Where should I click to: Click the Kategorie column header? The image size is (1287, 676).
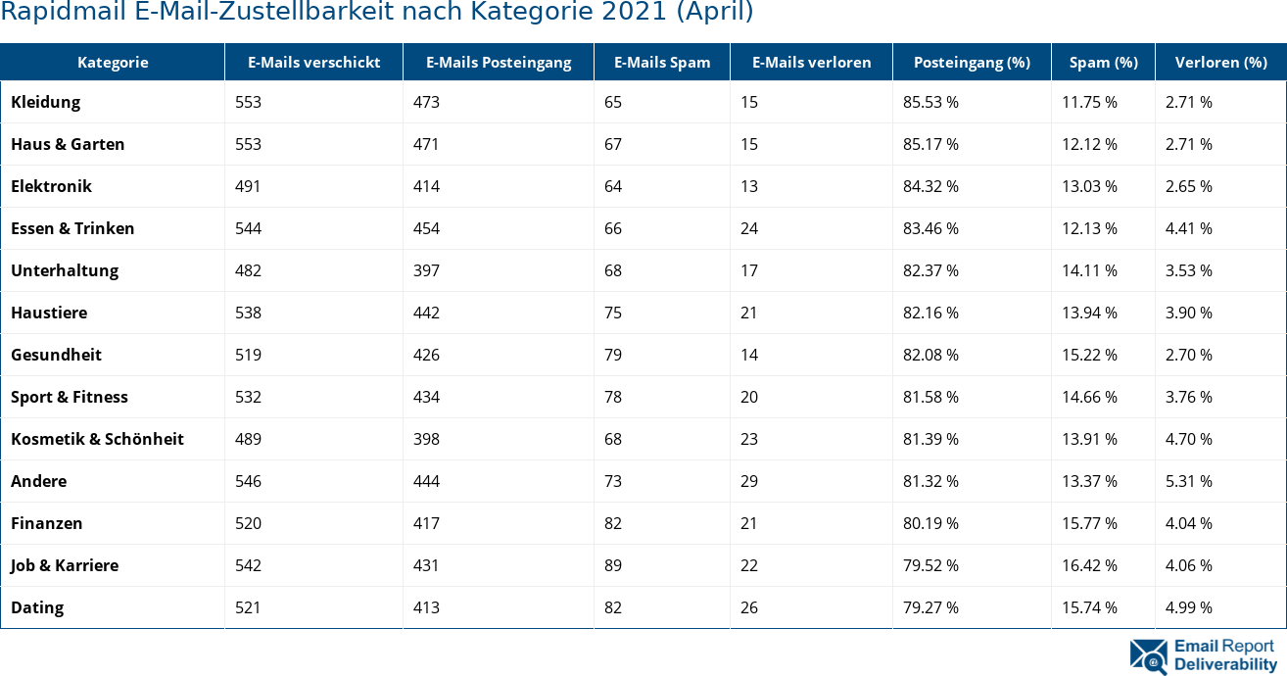pyautogui.click(x=113, y=63)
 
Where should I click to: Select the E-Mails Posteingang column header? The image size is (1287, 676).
pyautogui.click(x=499, y=63)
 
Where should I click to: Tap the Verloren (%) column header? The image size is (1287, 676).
pyautogui.click(x=1220, y=63)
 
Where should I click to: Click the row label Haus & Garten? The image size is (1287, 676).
pyautogui.click(x=68, y=144)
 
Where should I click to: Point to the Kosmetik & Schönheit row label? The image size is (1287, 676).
pyautogui.click(x=97, y=439)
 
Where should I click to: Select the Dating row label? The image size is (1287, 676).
pyautogui.click(x=37, y=607)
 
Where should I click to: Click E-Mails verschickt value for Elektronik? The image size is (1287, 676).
pyautogui.click(x=248, y=186)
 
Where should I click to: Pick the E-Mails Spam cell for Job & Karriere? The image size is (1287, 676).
pyautogui.click(x=613, y=565)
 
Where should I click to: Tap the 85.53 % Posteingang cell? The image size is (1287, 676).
pyautogui.click(x=930, y=102)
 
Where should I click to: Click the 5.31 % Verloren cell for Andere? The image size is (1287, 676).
pyautogui.click(x=1188, y=481)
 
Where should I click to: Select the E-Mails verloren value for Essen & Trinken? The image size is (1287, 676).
pyautogui.click(x=749, y=228)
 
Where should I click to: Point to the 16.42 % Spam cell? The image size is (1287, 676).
pyautogui.click(x=1089, y=565)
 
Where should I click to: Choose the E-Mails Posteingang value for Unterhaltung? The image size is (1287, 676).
pyautogui.click(x=426, y=270)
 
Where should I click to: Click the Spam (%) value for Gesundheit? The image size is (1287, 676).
pyautogui.click(x=1089, y=355)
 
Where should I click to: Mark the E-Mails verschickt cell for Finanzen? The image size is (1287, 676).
pyautogui.click(x=248, y=523)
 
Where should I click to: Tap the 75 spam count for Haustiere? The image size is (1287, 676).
pyautogui.click(x=613, y=313)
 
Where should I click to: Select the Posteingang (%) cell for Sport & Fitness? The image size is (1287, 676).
pyautogui.click(x=930, y=397)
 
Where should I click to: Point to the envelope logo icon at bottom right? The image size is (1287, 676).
pyautogui.click(x=1148, y=656)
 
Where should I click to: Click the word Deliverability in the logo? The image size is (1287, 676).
pyautogui.click(x=1225, y=664)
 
